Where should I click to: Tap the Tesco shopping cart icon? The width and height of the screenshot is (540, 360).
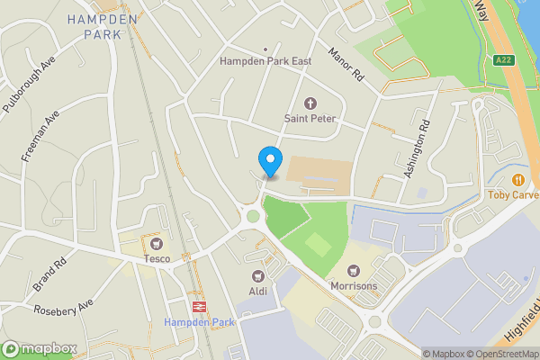pos(157,244)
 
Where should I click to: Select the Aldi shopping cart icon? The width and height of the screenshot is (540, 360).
pos(258,275)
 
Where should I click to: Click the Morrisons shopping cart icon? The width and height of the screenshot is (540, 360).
pos(354,270)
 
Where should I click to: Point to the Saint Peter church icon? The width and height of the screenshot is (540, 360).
pos(310,103)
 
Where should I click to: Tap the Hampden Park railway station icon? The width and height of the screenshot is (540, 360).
pos(199,306)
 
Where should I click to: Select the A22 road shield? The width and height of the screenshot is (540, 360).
pos(505,59)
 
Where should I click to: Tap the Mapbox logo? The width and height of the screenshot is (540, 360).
pos(38,348)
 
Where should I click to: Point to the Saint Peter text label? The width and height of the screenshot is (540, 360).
pos(310,118)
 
